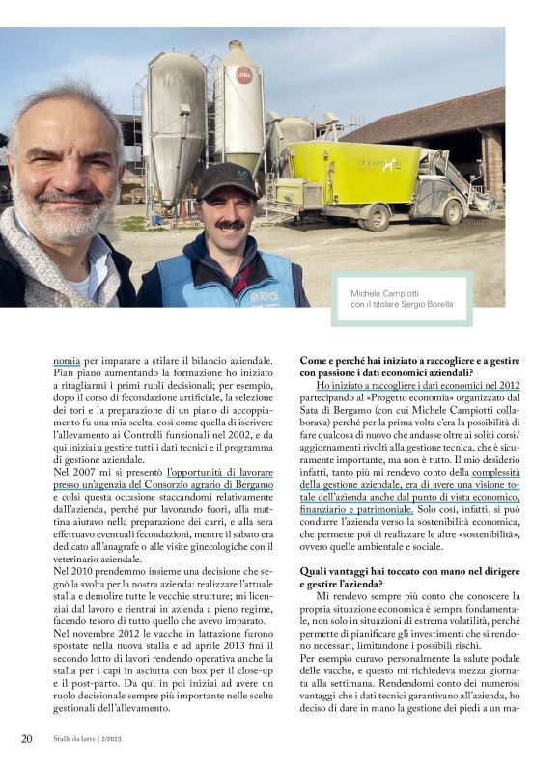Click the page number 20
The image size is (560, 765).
point(27,739)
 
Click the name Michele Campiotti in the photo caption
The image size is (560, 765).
point(372,290)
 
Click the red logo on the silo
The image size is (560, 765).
point(243,74)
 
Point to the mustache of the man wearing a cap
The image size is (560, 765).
point(229,224)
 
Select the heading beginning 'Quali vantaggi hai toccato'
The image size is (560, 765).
point(402,571)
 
